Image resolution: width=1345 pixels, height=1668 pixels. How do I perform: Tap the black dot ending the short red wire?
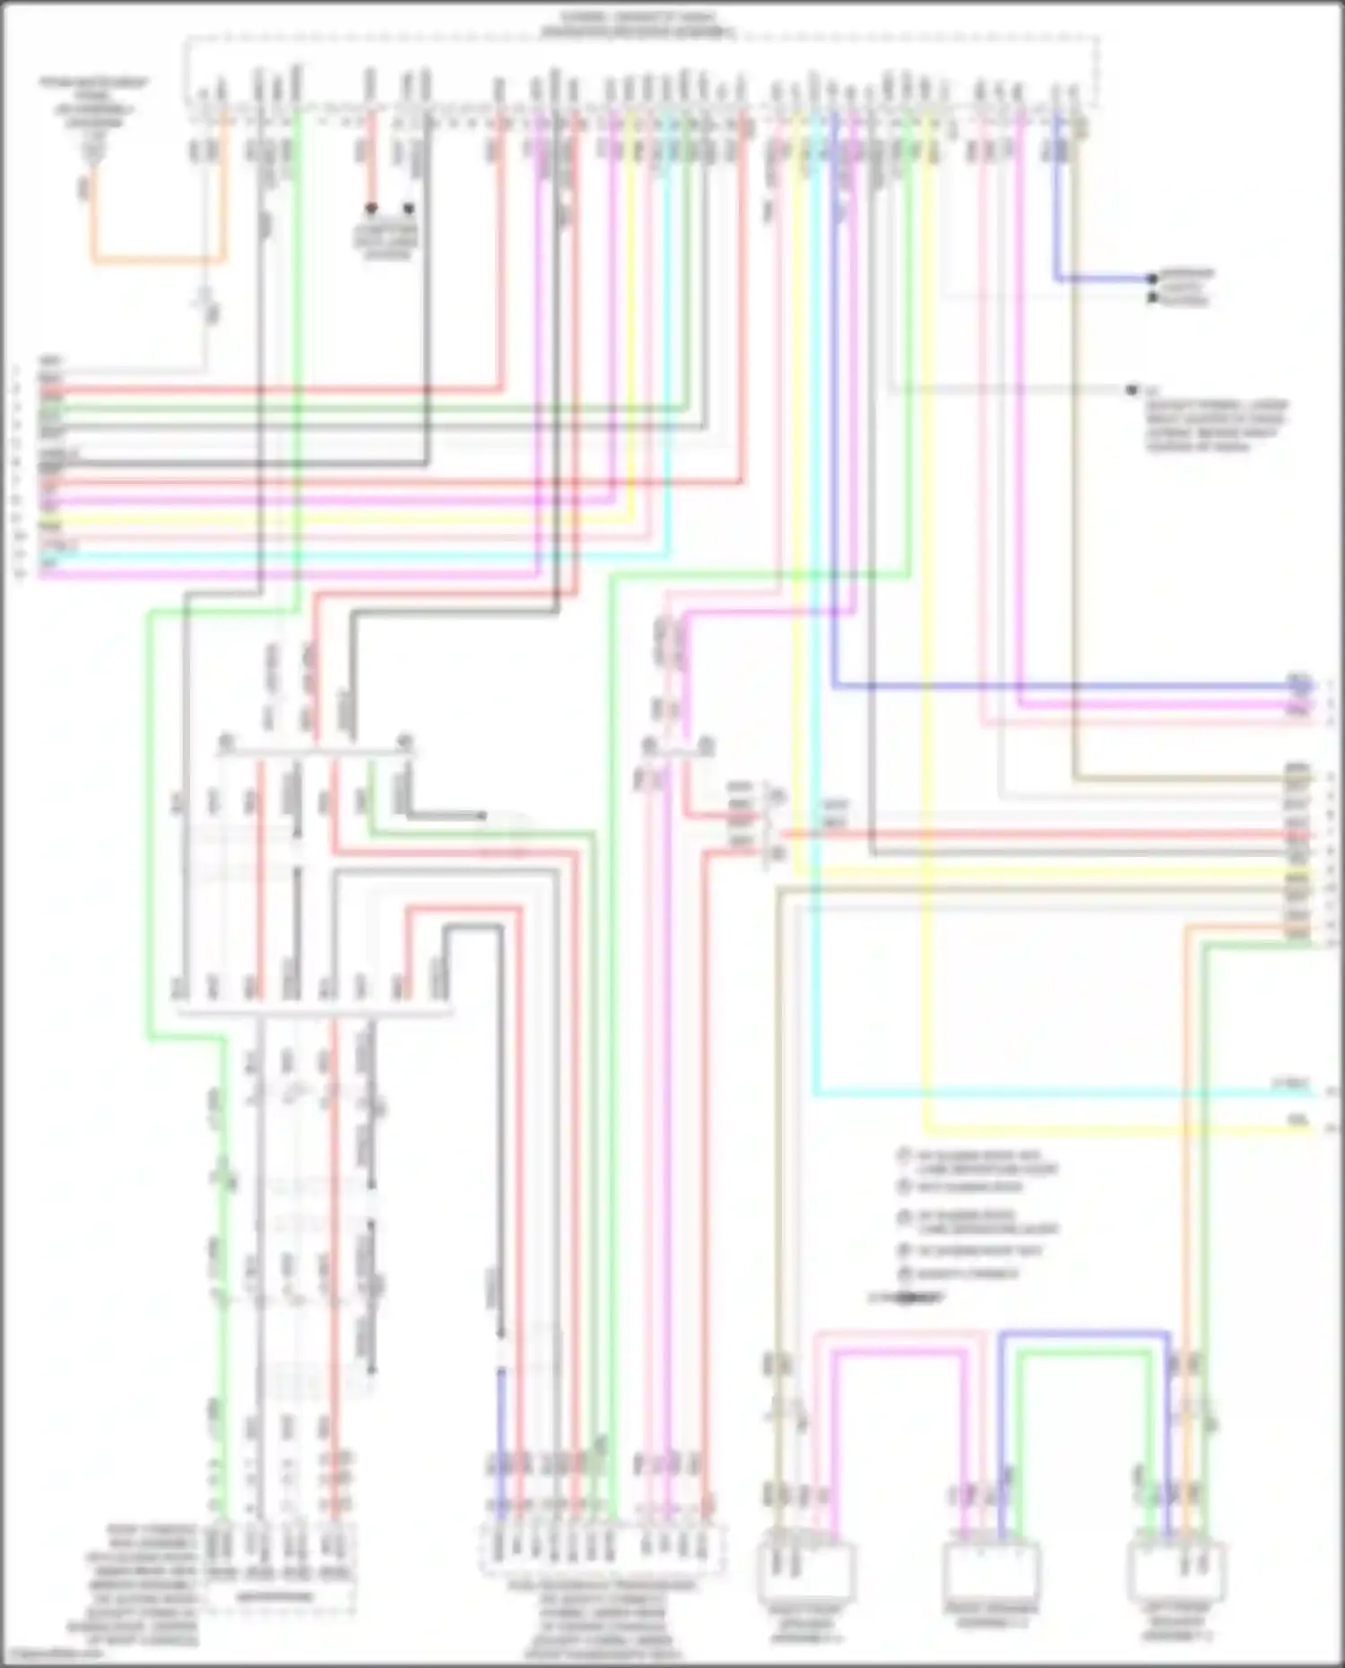tap(370, 208)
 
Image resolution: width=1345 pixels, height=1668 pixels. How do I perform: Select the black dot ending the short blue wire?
tap(1152, 279)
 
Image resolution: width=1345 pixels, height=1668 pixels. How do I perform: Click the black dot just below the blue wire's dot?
tap(1152, 297)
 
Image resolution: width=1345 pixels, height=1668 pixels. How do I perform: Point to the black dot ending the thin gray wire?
tap(1132, 390)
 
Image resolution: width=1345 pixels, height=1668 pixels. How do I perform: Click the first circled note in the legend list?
tap(977, 1162)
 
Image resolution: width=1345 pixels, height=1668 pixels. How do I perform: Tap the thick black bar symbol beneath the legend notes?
tap(906, 1297)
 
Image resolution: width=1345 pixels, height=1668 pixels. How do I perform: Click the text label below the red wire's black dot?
tap(386, 241)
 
